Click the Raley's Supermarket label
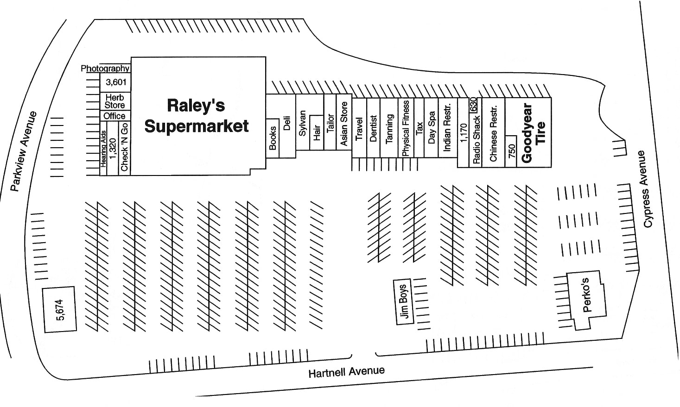coord(197,116)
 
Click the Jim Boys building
coord(403,302)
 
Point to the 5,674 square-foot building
coord(60,309)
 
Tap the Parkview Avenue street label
coord(23,151)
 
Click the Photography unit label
coord(105,69)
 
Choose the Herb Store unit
coord(114,101)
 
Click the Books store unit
coord(273,138)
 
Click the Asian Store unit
coord(344,124)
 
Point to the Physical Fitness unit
coord(406,128)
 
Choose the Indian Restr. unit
coord(447,127)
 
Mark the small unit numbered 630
coord(473,105)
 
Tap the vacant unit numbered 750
coord(511,151)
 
